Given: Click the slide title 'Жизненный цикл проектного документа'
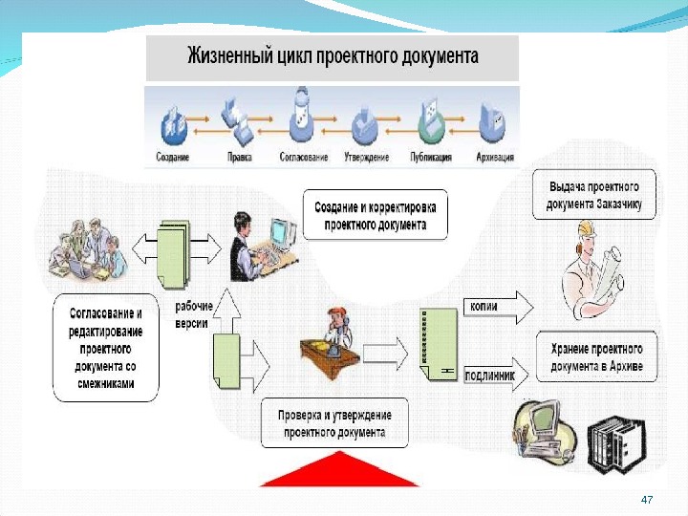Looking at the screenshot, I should [332, 56].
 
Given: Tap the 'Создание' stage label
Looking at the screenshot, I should [172, 156].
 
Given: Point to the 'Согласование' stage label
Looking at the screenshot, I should [304, 156].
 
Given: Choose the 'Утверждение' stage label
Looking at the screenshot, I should [366, 156].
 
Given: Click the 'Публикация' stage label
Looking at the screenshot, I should [431, 156].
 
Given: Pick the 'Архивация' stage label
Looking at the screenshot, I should [495, 156].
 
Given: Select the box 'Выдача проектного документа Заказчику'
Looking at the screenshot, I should [594, 195].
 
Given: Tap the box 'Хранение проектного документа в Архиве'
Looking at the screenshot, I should [595, 357].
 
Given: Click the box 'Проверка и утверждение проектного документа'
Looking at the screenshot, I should [334, 423].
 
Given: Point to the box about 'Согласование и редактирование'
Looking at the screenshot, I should [106, 347].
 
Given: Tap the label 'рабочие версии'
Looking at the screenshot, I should [194, 314].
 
